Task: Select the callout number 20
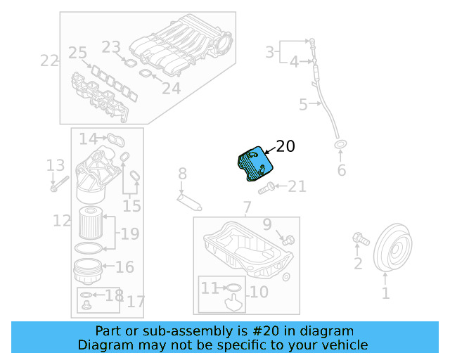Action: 285,146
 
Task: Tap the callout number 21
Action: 297,186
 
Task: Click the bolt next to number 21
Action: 266,188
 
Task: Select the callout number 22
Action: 49,60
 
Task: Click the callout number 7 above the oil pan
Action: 247,207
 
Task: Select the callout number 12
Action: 62,221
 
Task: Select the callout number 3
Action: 270,51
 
